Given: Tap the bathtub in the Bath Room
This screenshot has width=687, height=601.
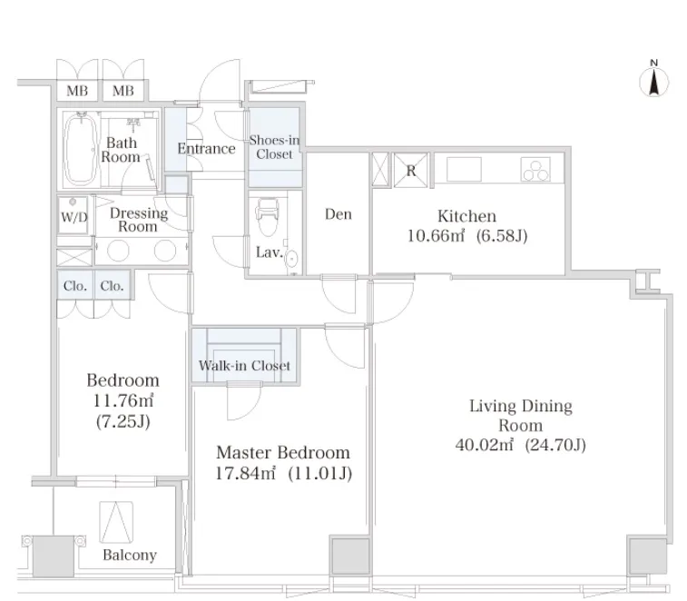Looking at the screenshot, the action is click(x=80, y=149).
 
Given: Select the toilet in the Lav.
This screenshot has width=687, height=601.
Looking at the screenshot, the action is click(x=267, y=217).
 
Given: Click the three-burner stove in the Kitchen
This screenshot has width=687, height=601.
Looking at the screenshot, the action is click(x=535, y=170).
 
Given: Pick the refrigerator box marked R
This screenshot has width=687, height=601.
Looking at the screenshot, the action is click(x=410, y=170).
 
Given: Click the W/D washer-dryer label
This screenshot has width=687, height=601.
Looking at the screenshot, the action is click(x=74, y=217).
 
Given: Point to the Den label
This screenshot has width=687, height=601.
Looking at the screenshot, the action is click(x=339, y=214).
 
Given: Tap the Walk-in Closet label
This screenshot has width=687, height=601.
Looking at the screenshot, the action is click(x=244, y=366).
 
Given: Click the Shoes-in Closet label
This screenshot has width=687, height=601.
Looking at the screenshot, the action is click(x=274, y=147).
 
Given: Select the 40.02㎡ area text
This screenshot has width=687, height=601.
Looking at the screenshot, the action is click(x=484, y=445).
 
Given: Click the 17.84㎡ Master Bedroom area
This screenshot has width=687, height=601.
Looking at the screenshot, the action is click(x=245, y=473).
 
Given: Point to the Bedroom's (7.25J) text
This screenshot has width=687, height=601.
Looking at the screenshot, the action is click(x=123, y=421).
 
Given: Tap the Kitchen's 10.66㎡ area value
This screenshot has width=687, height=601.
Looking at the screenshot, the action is click(x=436, y=236).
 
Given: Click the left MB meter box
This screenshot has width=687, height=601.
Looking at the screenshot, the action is click(x=77, y=91).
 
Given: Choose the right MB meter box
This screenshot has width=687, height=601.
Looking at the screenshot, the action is click(x=123, y=91).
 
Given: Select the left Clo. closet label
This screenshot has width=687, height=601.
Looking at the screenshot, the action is click(x=75, y=286).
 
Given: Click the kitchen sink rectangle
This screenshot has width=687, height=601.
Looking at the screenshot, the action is click(x=464, y=169).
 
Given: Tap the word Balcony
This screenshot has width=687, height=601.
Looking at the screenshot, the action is click(x=130, y=555).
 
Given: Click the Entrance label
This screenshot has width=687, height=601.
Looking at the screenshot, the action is click(x=206, y=149).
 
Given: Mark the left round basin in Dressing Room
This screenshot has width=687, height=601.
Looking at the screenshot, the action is click(x=118, y=251).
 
